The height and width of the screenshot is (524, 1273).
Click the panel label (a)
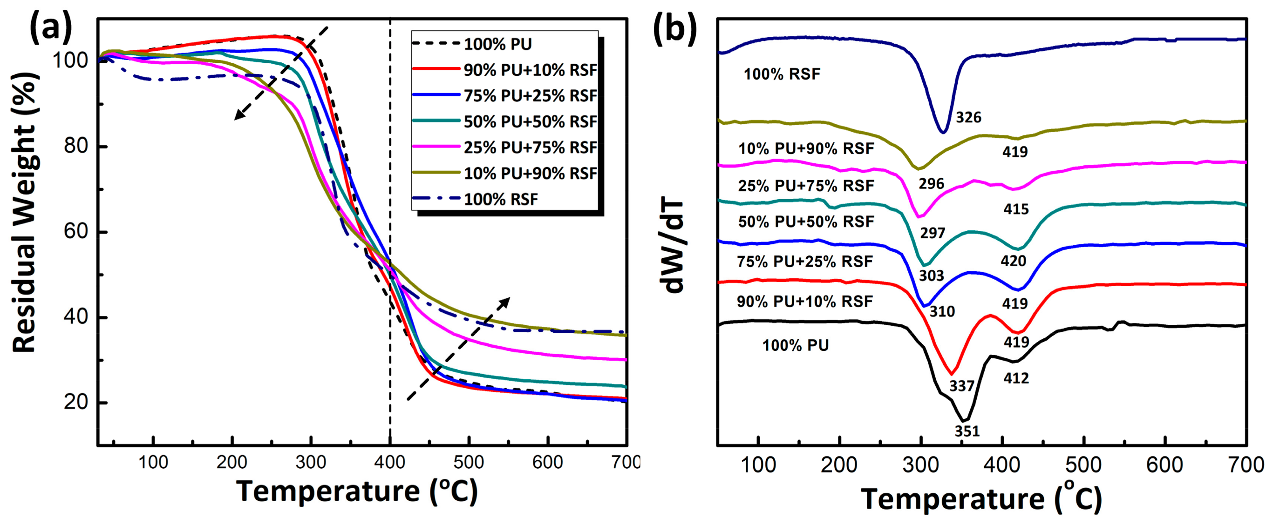pyautogui.click(x=51, y=27)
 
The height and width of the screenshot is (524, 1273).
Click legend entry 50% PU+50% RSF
pyautogui.click(x=530, y=121)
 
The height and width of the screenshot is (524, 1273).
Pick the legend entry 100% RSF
pyautogui.click(x=500, y=200)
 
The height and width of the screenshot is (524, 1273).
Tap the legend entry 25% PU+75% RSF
pyautogui.click(x=530, y=147)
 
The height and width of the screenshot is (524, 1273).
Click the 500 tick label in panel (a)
pyautogui.click(x=469, y=462)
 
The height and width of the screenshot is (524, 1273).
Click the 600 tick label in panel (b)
pyautogui.click(x=1164, y=465)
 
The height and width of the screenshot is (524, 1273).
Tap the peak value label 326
pyautogui.click(x=968, y=118)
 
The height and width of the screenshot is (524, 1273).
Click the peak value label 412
pyautogui.click(x=1016, y=378)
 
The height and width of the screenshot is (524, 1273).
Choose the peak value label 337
pyautogui.click(x=961, y=386)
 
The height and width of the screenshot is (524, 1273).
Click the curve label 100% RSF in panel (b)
pyautogui.click(x=782, y=74)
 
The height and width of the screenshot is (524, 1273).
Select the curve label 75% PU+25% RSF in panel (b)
pyautogui.click(x=804, y=261)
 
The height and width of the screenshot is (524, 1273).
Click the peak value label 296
pyautogui.click(x=931, y=184)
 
